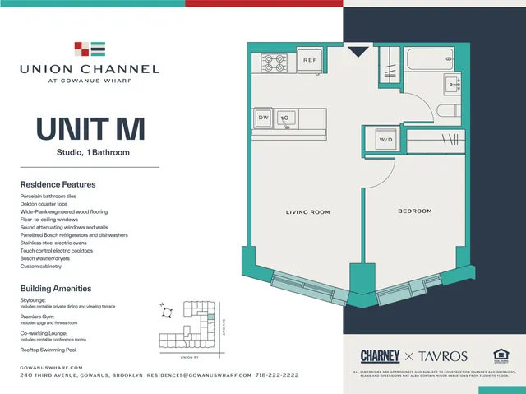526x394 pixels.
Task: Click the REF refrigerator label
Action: pos(310,61)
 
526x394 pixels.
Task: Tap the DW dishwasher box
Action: pos(263,118)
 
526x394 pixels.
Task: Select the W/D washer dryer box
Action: pos(386,141)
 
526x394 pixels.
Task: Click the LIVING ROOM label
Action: pos(307,212)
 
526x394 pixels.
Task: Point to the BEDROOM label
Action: pos(414,211)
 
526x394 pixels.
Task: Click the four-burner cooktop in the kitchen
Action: pos(274,62)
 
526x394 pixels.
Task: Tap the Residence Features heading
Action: pos(58,184)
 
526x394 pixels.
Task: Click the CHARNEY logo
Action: pos(380,355)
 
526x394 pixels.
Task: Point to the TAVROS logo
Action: pos(444,355)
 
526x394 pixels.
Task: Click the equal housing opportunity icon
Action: pos(501,355)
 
